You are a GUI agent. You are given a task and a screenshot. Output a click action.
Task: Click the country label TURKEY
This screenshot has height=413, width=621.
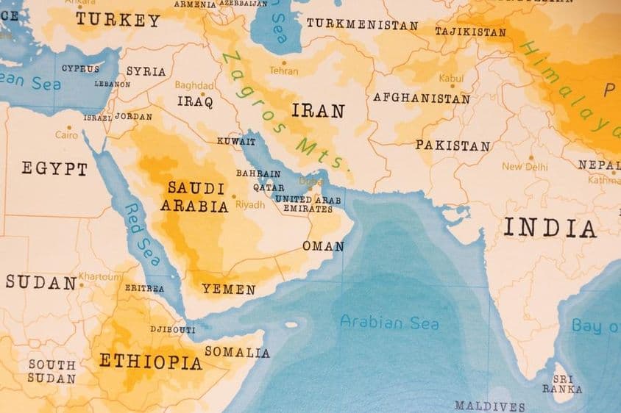(118, 21)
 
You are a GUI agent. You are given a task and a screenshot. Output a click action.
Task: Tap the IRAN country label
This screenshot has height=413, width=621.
(318, 111)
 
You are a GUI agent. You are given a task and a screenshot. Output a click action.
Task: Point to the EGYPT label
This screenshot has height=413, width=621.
(54, 169)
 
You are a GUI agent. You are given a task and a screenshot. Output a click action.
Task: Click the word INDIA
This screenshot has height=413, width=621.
(550, 228)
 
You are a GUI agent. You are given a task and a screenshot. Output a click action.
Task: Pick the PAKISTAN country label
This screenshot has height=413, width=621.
(453, 146)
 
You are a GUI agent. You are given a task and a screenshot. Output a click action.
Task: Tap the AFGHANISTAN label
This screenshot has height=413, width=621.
(421, 97)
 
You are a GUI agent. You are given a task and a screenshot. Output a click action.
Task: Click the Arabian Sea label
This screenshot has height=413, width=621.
(389, 323)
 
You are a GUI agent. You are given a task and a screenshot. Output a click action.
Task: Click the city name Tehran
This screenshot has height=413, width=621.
(284, 71)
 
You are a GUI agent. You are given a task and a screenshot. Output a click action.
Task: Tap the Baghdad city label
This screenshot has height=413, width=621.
(194, 85)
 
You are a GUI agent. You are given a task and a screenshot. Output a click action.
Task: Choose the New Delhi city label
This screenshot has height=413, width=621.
(525, 167)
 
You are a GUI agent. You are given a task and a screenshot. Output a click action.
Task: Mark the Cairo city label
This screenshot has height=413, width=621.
(66, 135)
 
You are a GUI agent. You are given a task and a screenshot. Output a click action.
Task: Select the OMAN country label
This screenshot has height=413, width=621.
(323, 246)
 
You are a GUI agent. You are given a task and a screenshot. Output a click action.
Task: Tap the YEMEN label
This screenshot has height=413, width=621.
(229, 290)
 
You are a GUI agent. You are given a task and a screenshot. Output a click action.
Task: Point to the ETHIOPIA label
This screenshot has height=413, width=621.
(150, 362)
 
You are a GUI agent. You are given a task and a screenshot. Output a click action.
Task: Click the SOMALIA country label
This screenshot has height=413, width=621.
(237, 353)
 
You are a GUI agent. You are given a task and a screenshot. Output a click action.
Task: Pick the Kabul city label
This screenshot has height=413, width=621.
(451, 78)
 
